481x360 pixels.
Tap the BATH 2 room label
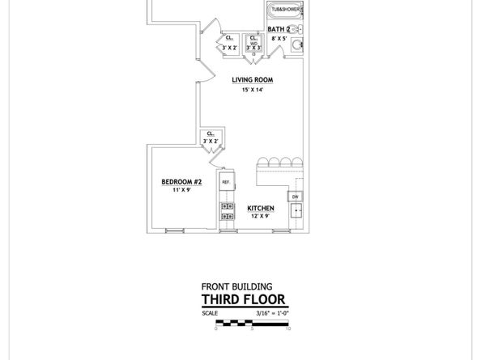click(x=279, y=30)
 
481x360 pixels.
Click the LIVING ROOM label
click(x=252, y=80)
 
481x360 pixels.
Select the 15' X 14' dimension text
click(x=252, y=90)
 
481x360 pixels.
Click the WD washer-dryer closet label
click(x=253, y=43)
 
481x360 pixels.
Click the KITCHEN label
click(x=261, y=208)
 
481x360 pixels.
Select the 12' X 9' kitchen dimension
click(x=261, y=216)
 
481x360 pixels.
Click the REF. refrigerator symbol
click(x=226, y=184)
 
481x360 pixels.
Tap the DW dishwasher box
click(x=296, y=197)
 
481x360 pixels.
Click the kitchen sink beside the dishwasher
click(x=296, y=211)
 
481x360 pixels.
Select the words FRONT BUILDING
click(x=236, y=286)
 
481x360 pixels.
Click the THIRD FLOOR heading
click(x=243, y=300)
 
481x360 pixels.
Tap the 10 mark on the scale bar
click(x=288, y=328)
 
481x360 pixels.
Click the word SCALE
click(x=209, y=313)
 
